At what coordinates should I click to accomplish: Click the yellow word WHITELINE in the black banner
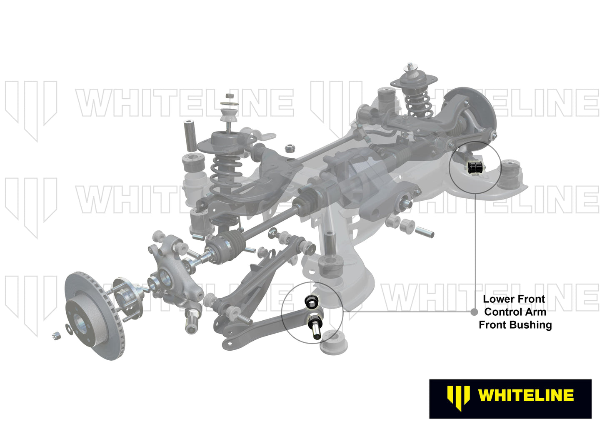[x=526, y=395]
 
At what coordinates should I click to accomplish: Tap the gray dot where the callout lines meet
[x=474, y=312]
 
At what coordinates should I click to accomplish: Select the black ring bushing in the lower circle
[x=311, y=301]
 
